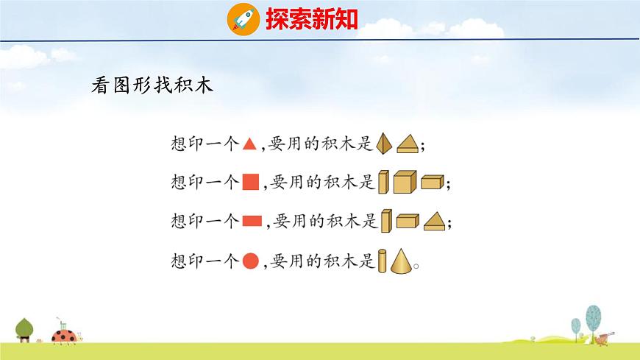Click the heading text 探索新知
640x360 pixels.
point(311,18)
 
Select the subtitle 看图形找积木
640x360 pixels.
point(152,85)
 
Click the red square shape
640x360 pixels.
point(251,182)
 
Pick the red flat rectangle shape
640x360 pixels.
point(252,220)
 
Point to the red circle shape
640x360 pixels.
point(251,260)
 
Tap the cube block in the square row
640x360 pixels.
point(405,182)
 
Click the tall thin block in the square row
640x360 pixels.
point(383,182)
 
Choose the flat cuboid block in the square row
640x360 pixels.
point(433,183)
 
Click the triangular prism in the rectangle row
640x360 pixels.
point(434,220)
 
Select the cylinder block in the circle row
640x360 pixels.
point(383,261)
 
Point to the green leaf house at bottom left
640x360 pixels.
point(25,329)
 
